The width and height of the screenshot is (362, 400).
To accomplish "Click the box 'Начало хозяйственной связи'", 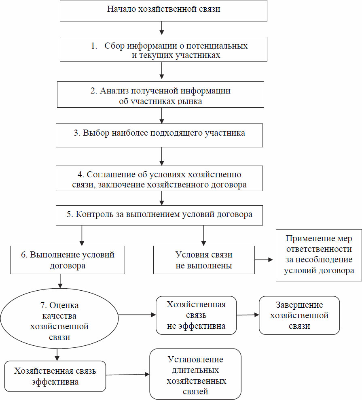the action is pos(163,11).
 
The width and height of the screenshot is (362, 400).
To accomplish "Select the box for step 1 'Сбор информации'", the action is pos(163,49).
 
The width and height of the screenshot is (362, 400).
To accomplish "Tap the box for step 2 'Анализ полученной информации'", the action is pos(160,95).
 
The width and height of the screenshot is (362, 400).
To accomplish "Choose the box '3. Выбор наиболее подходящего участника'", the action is pos(159,136).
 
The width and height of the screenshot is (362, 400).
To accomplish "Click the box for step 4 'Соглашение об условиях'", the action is pos(159,178).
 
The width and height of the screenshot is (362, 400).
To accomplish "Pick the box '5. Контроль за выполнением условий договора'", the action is pos(159,215).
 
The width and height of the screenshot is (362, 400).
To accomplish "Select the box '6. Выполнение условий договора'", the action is pos(68,260).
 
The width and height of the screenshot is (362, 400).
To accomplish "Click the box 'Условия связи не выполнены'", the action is pos(204,260).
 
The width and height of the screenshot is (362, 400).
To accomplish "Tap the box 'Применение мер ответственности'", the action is pos(319,255).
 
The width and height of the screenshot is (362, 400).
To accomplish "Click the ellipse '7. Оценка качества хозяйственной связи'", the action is pos(59,318).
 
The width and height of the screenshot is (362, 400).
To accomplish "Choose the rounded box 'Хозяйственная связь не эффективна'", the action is pos(196,315).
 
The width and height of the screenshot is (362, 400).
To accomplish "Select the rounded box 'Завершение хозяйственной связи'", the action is pos(299,315).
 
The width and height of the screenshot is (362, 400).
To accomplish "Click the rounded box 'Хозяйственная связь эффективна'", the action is pos(55,376).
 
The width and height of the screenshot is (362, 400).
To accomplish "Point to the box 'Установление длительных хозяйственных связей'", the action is pos(195,374).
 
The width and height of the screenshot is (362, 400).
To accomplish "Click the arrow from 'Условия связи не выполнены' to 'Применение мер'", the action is pos(264,260).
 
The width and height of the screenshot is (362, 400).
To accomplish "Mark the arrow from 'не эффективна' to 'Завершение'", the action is pos(248,315).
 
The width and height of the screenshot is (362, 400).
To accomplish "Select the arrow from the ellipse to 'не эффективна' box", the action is pos(137,315).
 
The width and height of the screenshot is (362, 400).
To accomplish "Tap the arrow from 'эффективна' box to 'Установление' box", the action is pos(128,374).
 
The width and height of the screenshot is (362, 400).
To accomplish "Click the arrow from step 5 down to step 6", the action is pos(82,236).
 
